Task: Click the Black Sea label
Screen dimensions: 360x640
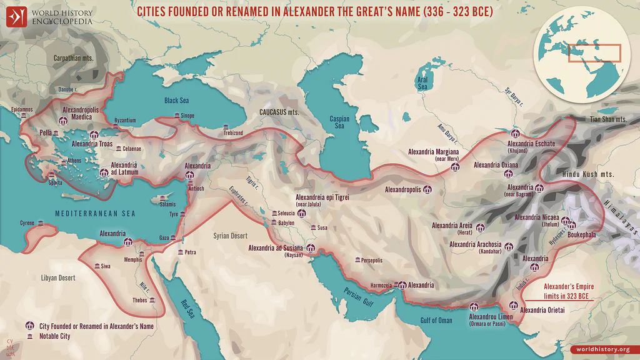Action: pyautogui.click(x=176, y=100)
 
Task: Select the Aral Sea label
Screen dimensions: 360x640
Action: pyautogui.click(x=422, y=83)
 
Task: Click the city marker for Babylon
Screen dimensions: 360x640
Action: pyautogui.click(x=273, y=222)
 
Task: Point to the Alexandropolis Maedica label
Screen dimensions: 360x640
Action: pyautogui.click(x=81, y=113)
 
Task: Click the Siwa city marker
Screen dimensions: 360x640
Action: pyautogui.click(x=96, y=266)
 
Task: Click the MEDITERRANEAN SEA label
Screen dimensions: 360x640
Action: pyautogui.click(x=95, y=213)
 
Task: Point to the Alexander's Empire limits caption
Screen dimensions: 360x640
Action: pyautogui.click(x=567, y=290)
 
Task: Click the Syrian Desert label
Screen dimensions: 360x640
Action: pyautogui.click(x=230, y=236)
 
